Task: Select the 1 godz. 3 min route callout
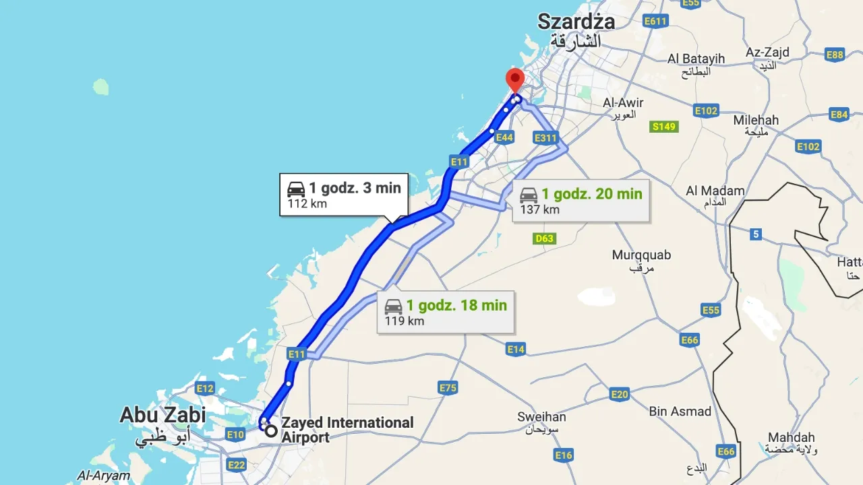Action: [344, 195]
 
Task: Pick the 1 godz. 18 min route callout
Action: [445, 312]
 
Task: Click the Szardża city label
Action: [576, 22]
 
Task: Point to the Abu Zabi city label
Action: [162, 415]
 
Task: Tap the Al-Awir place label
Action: [623, 103]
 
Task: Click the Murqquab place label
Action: [641, 255]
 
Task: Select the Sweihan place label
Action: [541, 417]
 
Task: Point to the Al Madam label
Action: [715, 191]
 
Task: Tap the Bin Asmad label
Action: [680, 411]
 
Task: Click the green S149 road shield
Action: [664, 127]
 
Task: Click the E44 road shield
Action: [504, 137]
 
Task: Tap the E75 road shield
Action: [448, 387]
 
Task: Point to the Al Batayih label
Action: [696, 59]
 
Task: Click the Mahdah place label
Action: [791, 437]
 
